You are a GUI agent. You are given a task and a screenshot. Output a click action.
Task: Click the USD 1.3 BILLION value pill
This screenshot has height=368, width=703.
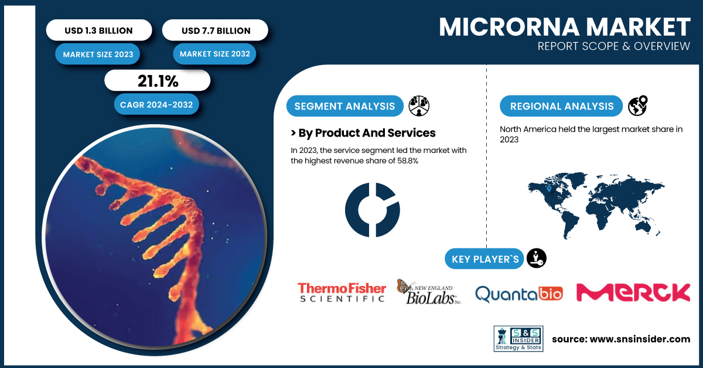click(99, 30)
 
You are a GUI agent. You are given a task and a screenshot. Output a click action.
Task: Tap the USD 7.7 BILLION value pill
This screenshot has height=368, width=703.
click(216, 30)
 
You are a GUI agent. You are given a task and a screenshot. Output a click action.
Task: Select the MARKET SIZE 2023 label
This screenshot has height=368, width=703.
click(98, 54)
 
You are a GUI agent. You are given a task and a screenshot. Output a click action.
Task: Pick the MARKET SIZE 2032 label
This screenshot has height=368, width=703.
click(214, 54)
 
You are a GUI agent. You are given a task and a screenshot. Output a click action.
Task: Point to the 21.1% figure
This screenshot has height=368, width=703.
click(158, 81)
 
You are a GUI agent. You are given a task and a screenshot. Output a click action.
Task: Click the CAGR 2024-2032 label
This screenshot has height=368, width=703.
click(156, 104)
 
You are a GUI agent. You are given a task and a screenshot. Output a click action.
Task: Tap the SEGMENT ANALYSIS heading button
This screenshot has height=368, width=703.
click(344, 106)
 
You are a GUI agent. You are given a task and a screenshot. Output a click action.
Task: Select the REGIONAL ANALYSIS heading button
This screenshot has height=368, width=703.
click(561, 106)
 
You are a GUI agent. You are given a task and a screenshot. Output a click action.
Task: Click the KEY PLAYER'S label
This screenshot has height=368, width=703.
click(484, 259)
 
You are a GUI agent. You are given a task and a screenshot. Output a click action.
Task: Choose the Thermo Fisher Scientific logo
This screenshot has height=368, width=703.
click(342, 292)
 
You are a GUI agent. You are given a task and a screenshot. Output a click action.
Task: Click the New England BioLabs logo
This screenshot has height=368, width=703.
click(429, 292)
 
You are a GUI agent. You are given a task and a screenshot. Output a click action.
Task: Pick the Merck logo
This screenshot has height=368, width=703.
click(633, 292)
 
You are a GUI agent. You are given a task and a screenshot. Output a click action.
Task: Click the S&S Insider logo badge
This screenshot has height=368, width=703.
click(518, 339)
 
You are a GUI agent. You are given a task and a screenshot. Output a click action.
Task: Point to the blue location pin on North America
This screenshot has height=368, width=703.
click(549, 189)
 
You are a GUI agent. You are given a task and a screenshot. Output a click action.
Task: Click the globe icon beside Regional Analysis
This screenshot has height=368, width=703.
click(637, 106)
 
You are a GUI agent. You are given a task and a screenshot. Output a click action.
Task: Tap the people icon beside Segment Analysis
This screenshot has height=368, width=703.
click(419, 106)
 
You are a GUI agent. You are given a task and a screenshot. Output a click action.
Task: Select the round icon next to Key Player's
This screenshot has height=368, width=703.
click(537, 258)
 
